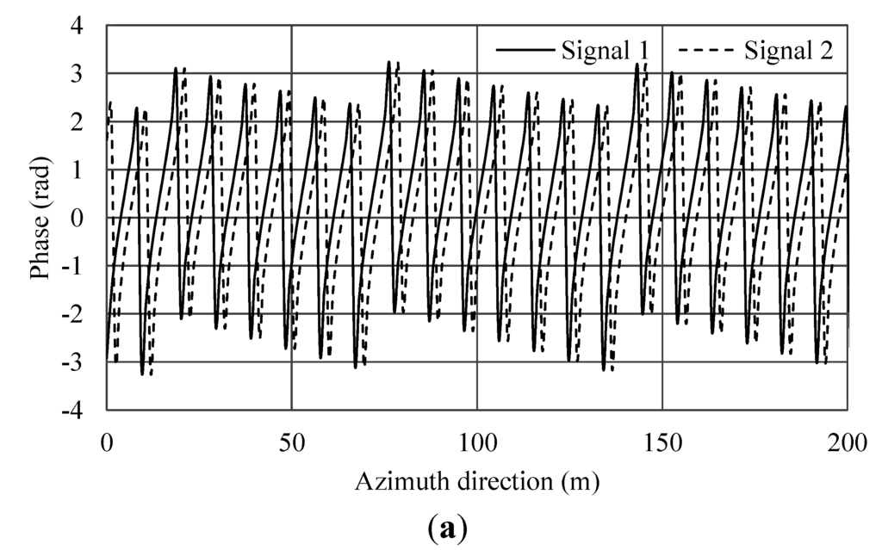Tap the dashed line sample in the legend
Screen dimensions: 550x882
click(700, 51)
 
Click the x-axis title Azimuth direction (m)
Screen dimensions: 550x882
click(477, 481)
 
